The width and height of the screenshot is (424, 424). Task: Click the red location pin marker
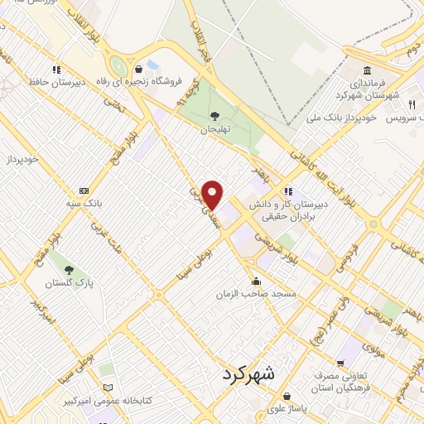tap(214, 195)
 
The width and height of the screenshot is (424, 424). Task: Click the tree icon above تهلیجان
tap(215, 116)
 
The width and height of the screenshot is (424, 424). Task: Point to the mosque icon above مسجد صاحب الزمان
tap(257, 281)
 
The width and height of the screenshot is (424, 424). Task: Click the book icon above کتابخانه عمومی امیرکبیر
tap(108, 388)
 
